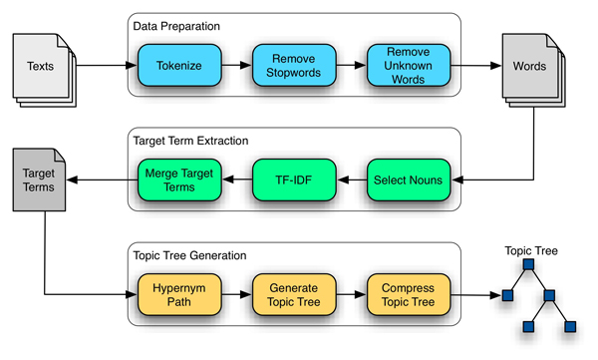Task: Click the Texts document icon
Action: tap(41, 65)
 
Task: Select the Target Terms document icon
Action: tap(40, 180)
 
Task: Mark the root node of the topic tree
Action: tap(528, 265)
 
